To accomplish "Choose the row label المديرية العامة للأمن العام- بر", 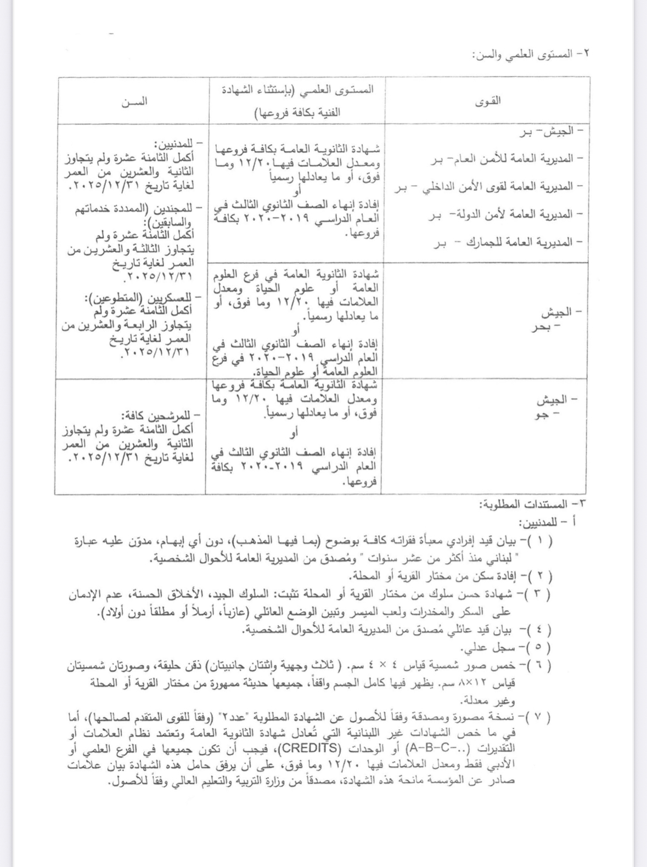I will pos(505,158).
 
